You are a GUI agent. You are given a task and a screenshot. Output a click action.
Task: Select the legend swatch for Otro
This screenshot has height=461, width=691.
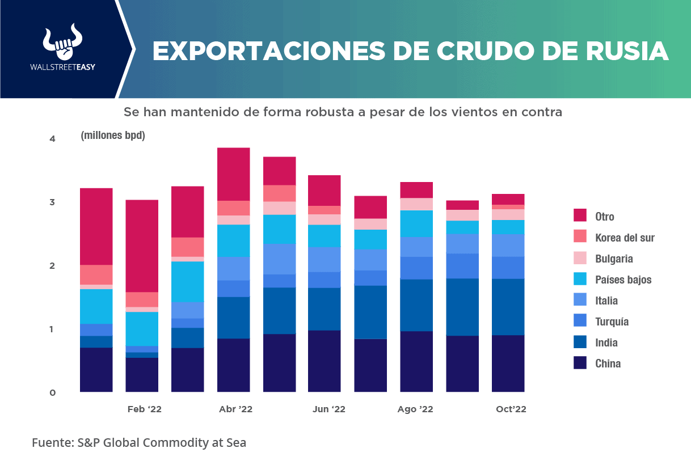(x=580, y=215)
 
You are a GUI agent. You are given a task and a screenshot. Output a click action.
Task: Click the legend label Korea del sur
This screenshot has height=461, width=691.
(x=625, y=238)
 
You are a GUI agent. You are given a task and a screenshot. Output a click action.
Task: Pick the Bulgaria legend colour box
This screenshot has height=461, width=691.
(x=580, y=258)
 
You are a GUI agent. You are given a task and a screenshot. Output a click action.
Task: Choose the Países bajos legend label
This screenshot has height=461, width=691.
(x=623, y=280)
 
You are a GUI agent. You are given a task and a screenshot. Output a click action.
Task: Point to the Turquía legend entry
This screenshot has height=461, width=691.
(x=612, y=322)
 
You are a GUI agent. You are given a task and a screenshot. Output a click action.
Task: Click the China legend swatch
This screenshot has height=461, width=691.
(x=580, y=363)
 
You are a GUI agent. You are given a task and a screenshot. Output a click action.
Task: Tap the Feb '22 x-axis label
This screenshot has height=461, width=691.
(x=144, y=409)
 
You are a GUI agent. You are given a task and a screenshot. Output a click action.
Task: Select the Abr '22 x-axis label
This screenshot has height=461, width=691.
(x=235, y=409)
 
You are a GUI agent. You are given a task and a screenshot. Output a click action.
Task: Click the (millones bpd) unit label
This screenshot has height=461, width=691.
(x=113, y=136)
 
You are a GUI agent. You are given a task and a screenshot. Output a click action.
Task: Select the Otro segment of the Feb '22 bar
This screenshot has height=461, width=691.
(x=142, y=246)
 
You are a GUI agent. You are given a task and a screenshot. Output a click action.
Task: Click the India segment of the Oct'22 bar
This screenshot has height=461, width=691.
(x=508, y=307)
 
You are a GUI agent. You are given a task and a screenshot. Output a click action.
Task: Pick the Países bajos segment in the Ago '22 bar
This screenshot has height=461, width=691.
(x=416, y=223)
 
